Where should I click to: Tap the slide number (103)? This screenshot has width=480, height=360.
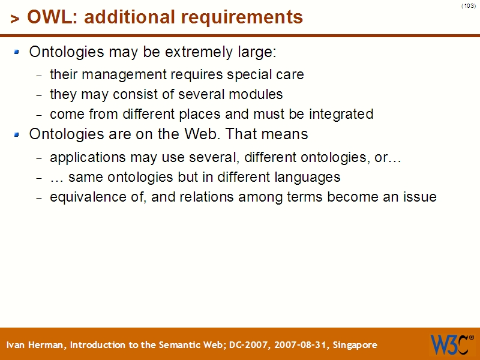pyautogui.click(x=469, y=6)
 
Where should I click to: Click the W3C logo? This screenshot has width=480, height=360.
pyautogui.click(x=451, y=344)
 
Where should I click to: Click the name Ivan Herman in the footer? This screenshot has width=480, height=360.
pyautogui.click(x=36, y=345)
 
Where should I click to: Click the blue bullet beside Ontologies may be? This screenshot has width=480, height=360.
pyautogui.click(x=17, y=52)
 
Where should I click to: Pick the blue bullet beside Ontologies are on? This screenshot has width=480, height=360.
pyautogui.click(x=17, y=134)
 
